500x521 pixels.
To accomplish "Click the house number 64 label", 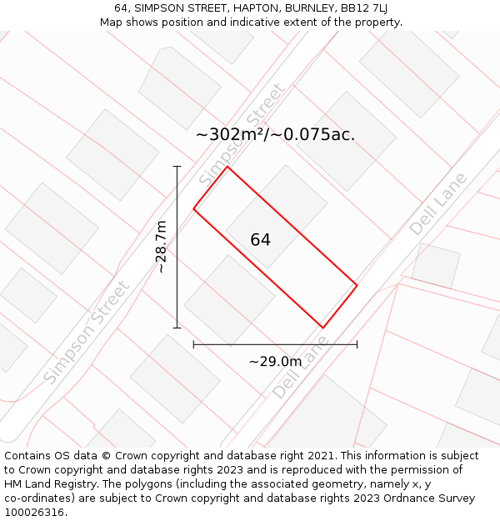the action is tap(260, 240).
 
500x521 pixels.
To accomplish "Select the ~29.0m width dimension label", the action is tap(275, 361).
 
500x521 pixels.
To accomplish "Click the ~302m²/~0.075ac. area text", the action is tap(275, 134).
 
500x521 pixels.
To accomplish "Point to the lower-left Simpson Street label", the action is tap(87, 333).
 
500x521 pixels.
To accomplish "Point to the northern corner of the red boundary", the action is tap(227, 167).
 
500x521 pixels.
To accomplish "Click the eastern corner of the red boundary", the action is tap(357, 286).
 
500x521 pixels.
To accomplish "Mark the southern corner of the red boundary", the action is tap(322, 328).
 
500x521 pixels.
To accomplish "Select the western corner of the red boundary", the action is tap(194, 208).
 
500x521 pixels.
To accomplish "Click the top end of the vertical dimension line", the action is tap(177, 167).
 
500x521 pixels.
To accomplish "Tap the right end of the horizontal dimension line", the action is tap(357, 343).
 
